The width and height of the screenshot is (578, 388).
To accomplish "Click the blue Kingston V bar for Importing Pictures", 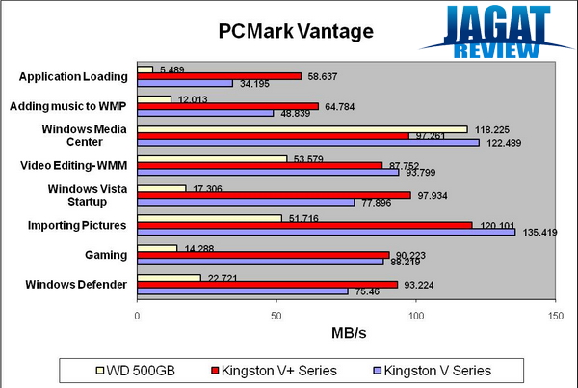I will (x=327, y=232).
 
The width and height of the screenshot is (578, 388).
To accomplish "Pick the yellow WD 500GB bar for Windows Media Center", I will (x=302, y=128).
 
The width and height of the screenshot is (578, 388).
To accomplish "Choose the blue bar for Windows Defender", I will (x=243, y=291).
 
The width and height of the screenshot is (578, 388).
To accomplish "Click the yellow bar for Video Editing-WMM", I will (x=213, y=158).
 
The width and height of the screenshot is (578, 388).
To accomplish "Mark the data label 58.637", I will (x=323, y=76).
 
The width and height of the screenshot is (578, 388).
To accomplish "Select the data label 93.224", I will (x=420, y=284).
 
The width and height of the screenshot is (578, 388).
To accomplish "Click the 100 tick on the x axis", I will (x=416, y=315).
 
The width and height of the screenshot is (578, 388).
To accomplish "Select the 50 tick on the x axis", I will (x=276, y=315).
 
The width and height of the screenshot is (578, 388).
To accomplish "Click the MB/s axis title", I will (x=347, y=334).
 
